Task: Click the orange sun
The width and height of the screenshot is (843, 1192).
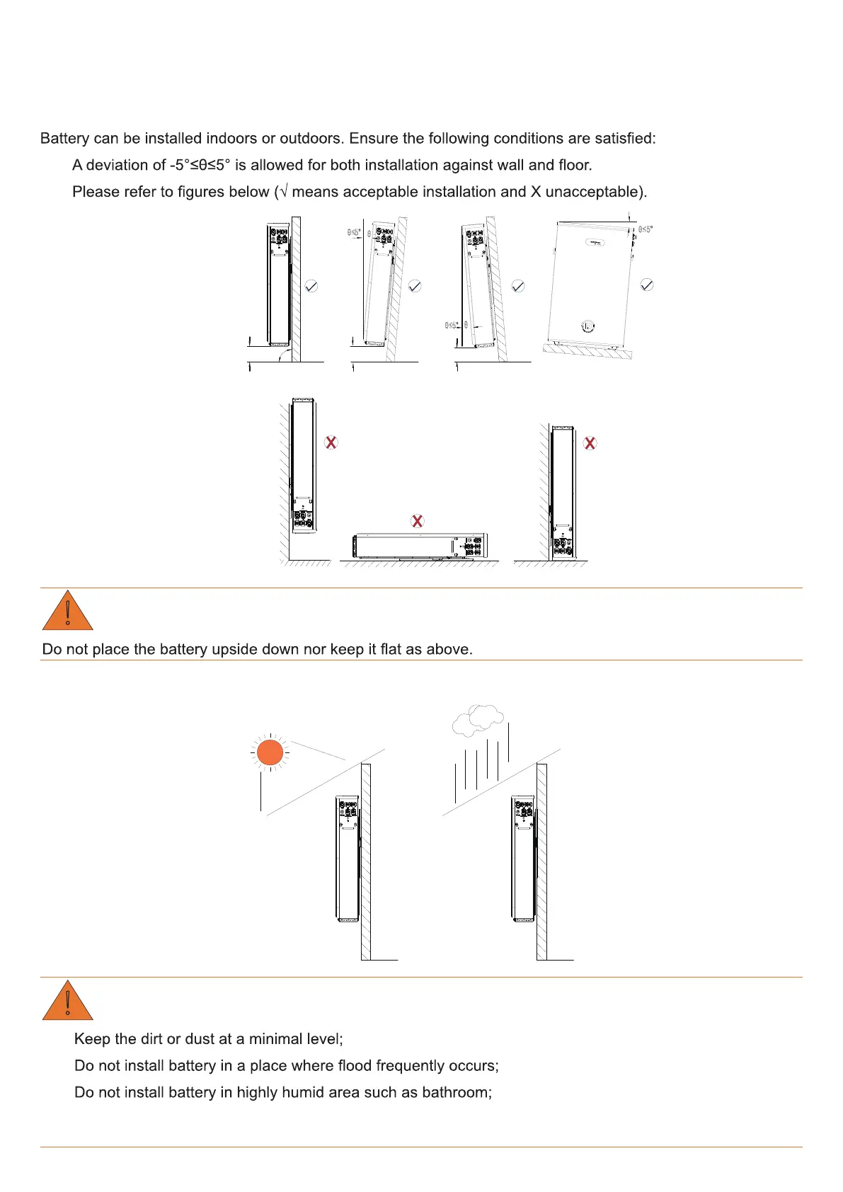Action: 270,752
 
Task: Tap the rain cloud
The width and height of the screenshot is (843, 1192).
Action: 478,718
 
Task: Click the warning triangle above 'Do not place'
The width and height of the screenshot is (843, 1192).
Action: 68,612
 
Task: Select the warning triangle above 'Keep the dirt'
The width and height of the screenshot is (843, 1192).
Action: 68,1001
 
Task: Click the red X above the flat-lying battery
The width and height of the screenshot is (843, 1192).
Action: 418,521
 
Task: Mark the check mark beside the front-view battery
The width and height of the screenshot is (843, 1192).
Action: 646,285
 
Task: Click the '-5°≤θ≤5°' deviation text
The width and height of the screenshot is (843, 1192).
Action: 200,165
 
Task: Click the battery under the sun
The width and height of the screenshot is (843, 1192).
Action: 348,858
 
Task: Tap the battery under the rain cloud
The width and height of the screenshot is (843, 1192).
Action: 523,858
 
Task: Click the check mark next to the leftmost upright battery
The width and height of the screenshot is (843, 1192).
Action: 311,286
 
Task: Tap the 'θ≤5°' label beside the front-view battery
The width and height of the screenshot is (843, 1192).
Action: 645,229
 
